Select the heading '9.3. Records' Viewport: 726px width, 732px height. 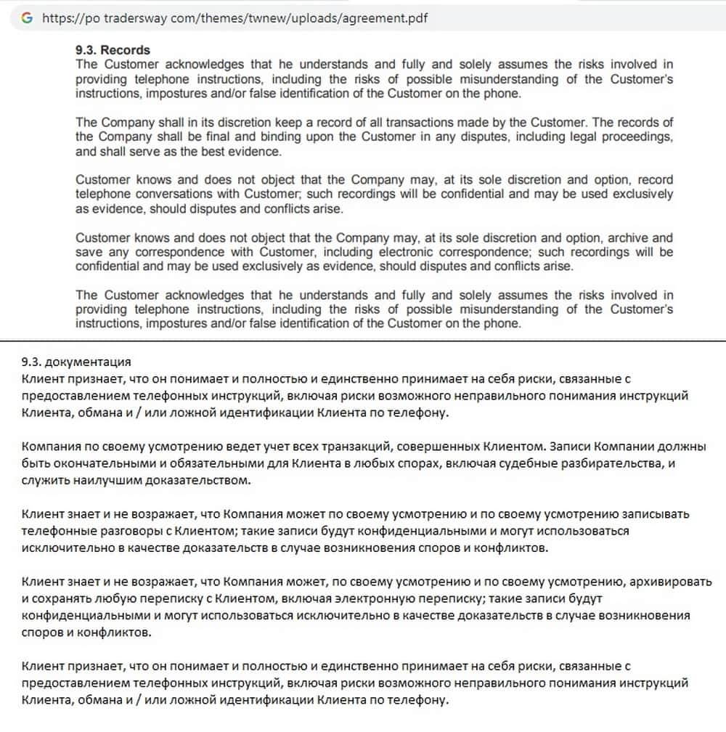tap(113, 50)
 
